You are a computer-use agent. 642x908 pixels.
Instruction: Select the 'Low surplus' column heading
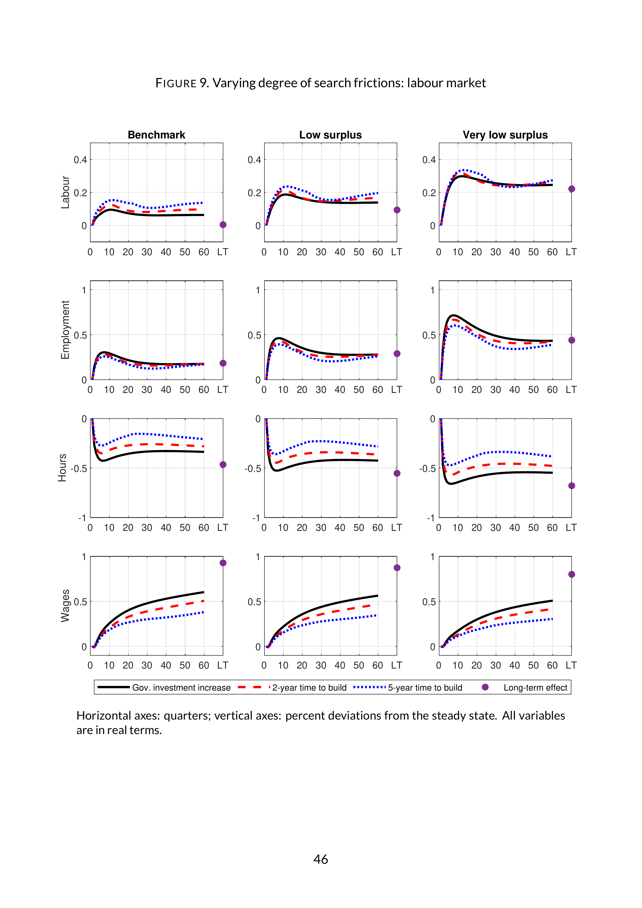click(x=330, y=135)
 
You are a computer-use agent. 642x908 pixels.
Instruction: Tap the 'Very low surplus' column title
click(x=505, y=135)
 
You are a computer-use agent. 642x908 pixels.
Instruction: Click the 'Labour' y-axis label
click(x=65, y=193)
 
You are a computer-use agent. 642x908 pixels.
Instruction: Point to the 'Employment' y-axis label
click(x=65, y=330)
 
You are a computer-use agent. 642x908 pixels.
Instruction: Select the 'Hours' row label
click(x=62, y=467)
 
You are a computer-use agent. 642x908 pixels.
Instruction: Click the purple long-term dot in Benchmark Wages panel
click(x=223, y=563)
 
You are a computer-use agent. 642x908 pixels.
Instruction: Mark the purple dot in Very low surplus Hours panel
click(x=572, y=486)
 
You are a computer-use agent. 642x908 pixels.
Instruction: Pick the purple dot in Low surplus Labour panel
click(x=397, y=210)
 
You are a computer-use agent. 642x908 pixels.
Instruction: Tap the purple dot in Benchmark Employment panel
click(x=223, y=363)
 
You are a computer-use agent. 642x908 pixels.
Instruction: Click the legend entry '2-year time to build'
click(x=309, y=688)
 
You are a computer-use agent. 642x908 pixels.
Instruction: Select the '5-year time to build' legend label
click(x=425, y=688)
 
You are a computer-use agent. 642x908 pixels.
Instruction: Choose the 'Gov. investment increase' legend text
click(x=181, y=688)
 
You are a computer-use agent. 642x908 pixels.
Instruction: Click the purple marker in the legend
click(x=485, y=687)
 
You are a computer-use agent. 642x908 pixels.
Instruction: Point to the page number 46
click(x=321, y=859)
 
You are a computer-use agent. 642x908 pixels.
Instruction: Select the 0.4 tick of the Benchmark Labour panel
click(x=80, y=160)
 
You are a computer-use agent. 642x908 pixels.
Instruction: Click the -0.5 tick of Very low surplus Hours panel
click(x=427, y=468)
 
